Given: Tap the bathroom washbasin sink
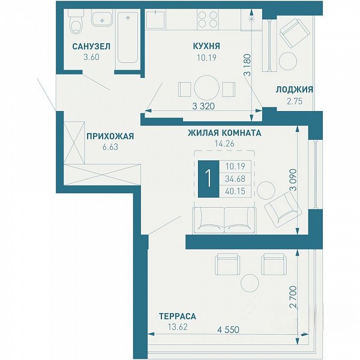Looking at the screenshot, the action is pyautogui.click(x=102, y=19).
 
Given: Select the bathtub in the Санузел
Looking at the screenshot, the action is pyautogui.click(x=128, y=37).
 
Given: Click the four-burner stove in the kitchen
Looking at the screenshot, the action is pyautogui.click(x=208, y=19).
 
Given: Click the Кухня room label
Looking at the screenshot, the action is pyautogui.click(x=206, y=46).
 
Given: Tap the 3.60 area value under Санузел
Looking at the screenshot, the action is pyautogui.click(x=91, y=57).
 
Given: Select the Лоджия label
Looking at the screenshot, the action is pyautogui.click(x=295, y=89).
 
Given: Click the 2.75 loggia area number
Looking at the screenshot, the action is pyautogui.click(x=295, y=101).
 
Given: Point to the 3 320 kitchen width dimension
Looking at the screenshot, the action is pyautogui.click(x=203, y=106).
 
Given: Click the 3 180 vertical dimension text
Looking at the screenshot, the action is pyautogui.click(x=248, y=65).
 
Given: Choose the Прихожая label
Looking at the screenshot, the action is pyautogui.click(x=110, y=136).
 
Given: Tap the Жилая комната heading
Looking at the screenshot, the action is pyautogui.click(x=224, y=133).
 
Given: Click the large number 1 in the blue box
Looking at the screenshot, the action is pyautogui.click(x=209, y=179).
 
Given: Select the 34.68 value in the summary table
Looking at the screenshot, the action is pyautogui.click(x=235, y=179).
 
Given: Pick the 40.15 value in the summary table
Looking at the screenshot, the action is pyautogui.click(x=235, y=191).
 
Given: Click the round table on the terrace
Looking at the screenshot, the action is pyautogui.click(x=250, y=283).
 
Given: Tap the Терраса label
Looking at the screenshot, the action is pyautogui.click(x=178, y=316).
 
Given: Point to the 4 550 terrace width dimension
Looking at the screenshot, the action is pyautogui.click(x=228, y=329).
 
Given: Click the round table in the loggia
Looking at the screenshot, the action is pyautogui.click(x=288, y=61).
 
